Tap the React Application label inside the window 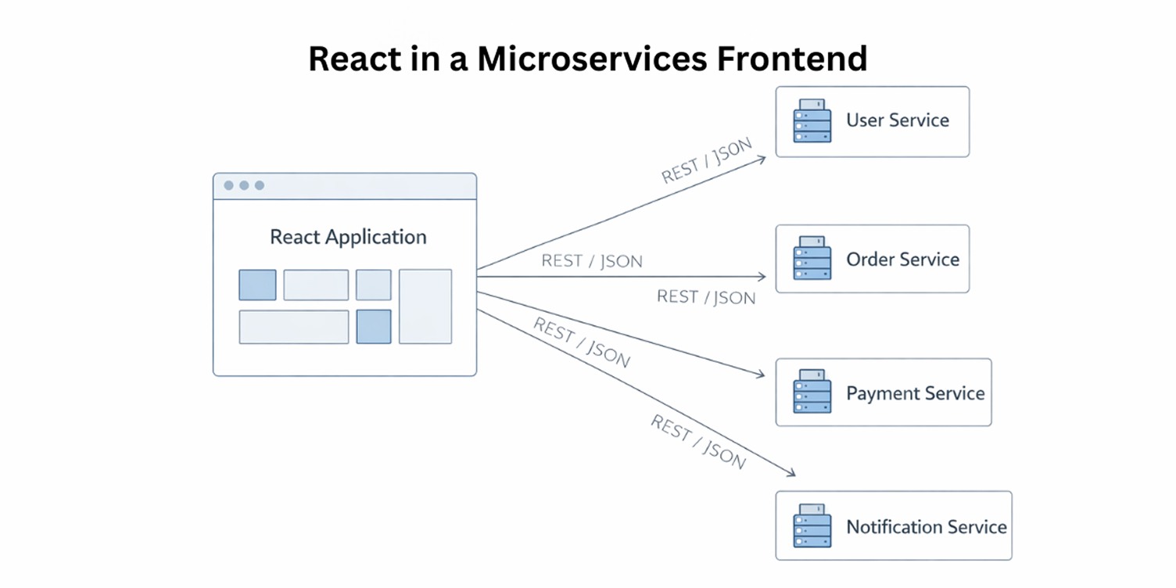click(x=348, y=237)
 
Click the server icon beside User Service click(x=812, y=121)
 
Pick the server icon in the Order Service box click(x=812, y=259)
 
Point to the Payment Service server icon click(x=812, y=393)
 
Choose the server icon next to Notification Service click(x=812, y=526)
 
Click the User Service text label click(x=897, y=120)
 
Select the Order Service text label click(x=902, y=260)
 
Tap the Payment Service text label click(x=915, y=393)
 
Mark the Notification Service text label click(x=926, y=527)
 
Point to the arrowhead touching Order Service click(x=762, y=277)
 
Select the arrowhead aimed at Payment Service click(x=761, y=375)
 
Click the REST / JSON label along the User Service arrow click(x=706, y=161)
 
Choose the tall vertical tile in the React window click(x=425, y=307)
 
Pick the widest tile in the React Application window click(x=294, y=327)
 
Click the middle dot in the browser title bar click(x=244, y=185)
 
